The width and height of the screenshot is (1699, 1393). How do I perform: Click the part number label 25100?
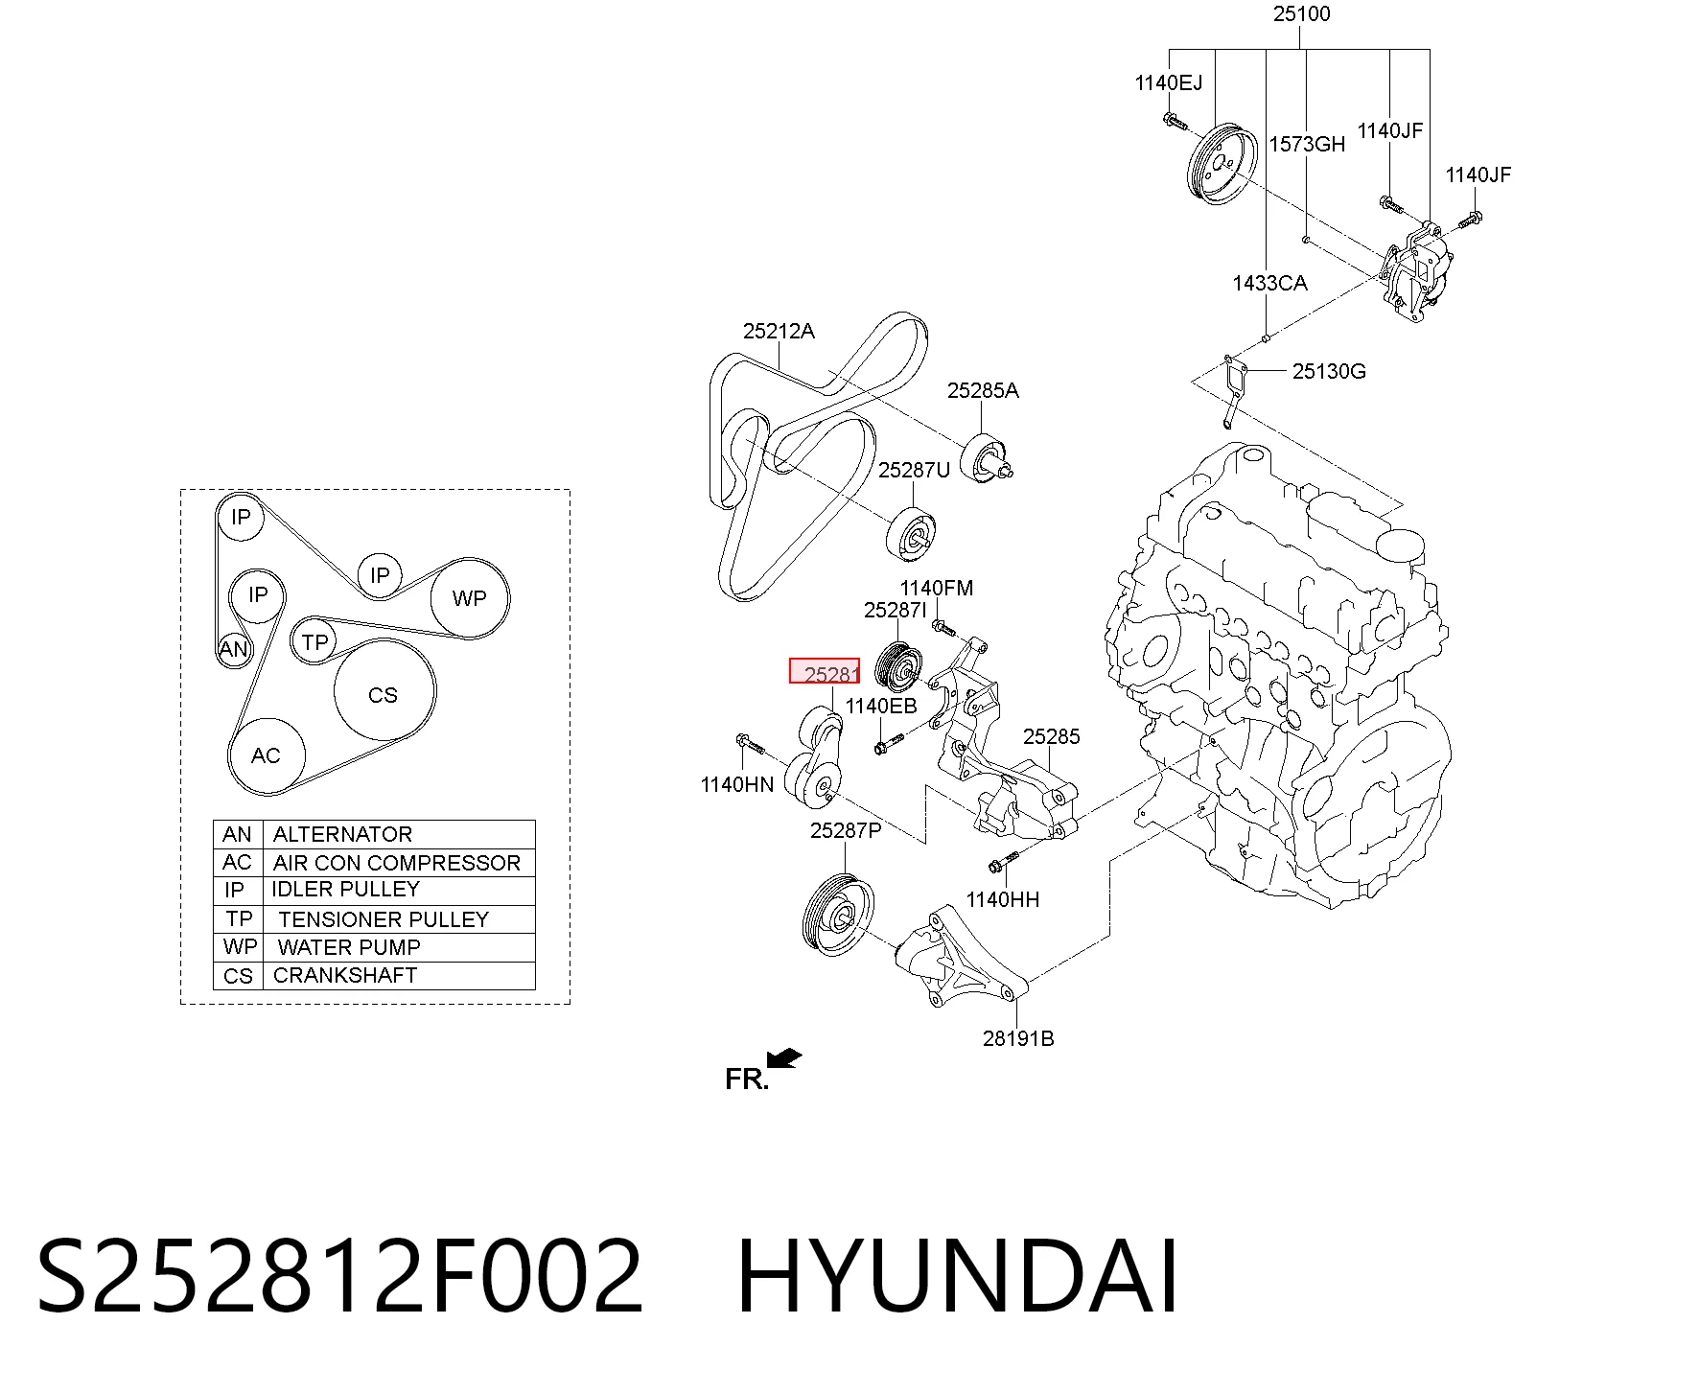[x=1301, y=14]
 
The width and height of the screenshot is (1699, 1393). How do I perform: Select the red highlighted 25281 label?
[x=825, y=671]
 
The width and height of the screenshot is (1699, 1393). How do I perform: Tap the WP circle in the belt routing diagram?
[x=470, y=598]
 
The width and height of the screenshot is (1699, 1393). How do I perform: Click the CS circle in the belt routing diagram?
[x=384, y=694]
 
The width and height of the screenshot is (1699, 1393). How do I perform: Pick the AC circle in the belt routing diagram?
[x=266, y=755]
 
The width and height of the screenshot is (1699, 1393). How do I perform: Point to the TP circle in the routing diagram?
[x=314, y=641]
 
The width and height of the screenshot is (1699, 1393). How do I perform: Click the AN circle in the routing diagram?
[x=234, y=649]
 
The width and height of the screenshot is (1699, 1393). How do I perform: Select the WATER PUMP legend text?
[x=349, y=947]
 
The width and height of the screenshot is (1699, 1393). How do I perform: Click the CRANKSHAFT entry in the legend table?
[x=345, y=975]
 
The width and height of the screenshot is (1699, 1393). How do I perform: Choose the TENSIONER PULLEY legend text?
[x=384, y=919]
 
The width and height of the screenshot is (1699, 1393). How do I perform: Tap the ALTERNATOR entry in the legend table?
[x=342, y=834]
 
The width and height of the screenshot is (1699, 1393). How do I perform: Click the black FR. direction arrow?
[x=784, y=1057]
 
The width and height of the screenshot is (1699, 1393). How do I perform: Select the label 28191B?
[x=1018, y=1038]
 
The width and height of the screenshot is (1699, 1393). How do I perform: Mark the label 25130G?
[x=1329, y=371]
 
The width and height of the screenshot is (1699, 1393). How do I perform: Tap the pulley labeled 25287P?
[x=838, y=914]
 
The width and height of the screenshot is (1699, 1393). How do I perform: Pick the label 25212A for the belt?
[x=779, y=331]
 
